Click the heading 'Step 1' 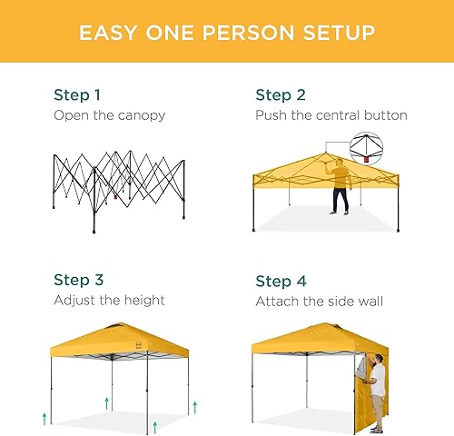[x=76, y=94]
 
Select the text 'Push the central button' [x=331, y=115]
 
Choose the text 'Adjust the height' [x=108, y=300]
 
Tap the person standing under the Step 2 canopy [x=339, y=186]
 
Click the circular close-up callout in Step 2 [x=367, y=144]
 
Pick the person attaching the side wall [x=378, y=389]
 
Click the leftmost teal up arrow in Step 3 [x=44, y=418]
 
